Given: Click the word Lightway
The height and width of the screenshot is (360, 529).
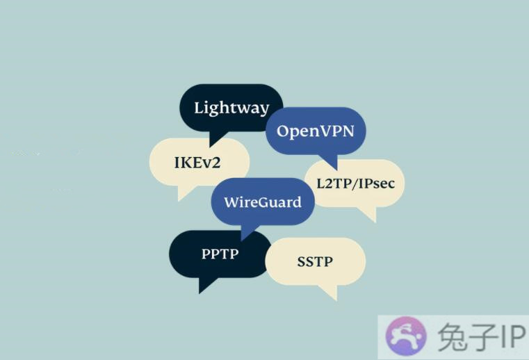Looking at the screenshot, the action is pyautogui.click(x=231, y=108).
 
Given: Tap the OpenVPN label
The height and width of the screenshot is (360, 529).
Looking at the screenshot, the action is pyautogui.click(x=316, y=131).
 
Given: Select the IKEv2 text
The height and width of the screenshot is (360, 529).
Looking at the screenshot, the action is pyautogui.click(x=197, y=163).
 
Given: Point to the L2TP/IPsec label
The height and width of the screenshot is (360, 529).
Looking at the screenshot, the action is pyautogui.click(x=356, y=183).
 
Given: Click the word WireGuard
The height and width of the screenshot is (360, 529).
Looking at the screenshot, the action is pyautogui.click(x=263, y=202).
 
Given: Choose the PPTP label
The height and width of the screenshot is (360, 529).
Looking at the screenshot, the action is pyautogui.click(x=220, y=254).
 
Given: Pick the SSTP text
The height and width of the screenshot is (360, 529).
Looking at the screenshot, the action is pyautogui.click(x=315, y=261).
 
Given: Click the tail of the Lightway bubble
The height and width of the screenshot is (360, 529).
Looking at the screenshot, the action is pyautogui.click(x=216, y=139).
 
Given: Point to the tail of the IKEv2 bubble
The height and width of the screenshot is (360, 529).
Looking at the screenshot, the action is pyautogui.click(x=184, y=193).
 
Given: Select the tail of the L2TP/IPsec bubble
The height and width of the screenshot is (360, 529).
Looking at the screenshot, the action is pyautogui.click(x=368, y=214).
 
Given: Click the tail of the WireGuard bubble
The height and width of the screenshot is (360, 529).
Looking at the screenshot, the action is pyautogui.click(x=247, y=232).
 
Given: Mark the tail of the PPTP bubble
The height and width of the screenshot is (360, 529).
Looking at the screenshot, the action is pyautogui.click(x=205, y=285).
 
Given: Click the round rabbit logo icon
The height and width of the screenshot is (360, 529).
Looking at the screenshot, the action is pyautogui.click(x=406, y=336).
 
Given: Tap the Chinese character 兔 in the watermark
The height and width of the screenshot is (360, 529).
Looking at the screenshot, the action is pyautogui.click(x=452, y=336).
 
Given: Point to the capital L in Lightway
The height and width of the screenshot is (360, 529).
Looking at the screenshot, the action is pyautogui.click(x=199, y=108).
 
